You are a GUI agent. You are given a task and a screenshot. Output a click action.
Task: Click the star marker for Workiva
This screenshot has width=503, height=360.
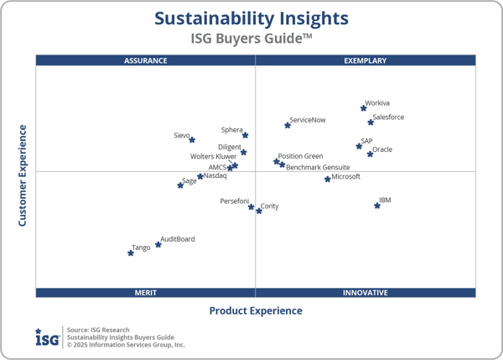pyautogui.click(x=363, y=108)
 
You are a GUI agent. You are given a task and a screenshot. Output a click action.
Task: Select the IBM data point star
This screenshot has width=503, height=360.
pyautogui.click(x=377, y=206)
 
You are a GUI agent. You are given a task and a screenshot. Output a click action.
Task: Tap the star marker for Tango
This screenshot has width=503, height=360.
pyautogui.click(x=131, y=253)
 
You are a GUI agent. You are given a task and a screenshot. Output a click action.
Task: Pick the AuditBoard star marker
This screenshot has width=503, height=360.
pyautogui.click(x=158, y=245)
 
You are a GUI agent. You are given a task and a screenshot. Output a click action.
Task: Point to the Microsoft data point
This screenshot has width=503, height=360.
pyautogui.click(x=328, y=179)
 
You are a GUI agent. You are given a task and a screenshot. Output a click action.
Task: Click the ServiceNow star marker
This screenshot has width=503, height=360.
pyautogui.click(x=288, y=125)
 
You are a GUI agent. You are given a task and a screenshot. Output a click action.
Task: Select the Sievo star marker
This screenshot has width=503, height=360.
pyautogui.click(x=192, y=140)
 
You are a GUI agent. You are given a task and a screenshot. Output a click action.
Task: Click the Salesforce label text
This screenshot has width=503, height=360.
pyautogui.click(x=388, y=117)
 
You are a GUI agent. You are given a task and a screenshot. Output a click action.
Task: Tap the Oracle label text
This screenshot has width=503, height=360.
pyautogui.click(x=382, y=149)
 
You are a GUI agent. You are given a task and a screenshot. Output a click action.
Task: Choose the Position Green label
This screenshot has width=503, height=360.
pyautogui.click(x=300, y=156)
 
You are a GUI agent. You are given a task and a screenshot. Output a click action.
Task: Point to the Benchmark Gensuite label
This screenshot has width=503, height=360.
pyautogui.click(x=318, y=167)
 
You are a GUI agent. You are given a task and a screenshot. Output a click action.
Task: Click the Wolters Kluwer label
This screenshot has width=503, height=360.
pyautogui.click(x=213, y=156)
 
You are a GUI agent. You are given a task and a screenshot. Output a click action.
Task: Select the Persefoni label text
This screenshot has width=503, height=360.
pyautogui.click(x=234, y=201)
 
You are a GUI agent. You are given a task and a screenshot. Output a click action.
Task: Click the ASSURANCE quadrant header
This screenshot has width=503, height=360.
pyautogui.click(x=146, y=60)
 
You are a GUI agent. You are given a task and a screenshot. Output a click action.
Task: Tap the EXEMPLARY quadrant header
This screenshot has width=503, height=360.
pyautogui.click(x=366, y=60)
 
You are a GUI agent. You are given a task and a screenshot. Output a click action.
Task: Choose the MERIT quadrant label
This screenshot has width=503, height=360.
pyautogui.click(x=146, y=293)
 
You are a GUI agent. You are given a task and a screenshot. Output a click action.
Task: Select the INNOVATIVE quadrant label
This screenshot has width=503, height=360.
pyautogui.click(x=366, y=293)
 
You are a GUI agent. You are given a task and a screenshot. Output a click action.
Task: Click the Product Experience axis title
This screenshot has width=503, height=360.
pyautogui.click(x=256, y=311)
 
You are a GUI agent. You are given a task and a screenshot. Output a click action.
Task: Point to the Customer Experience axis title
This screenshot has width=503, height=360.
pyautogui.click(x=23, y=175)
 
